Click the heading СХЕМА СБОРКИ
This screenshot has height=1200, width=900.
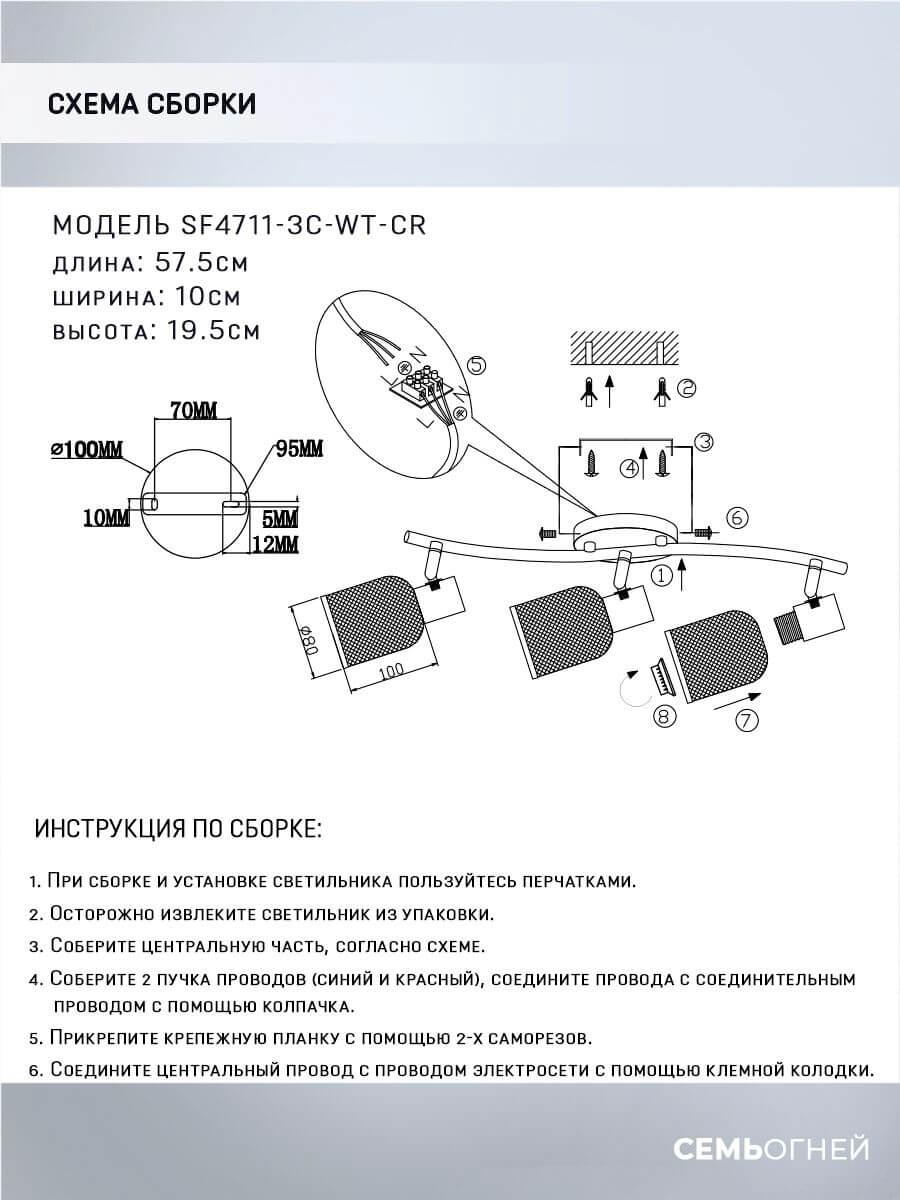pos(151,104)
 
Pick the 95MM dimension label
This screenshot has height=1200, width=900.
pos(299,448)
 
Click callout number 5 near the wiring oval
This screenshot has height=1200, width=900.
pos(478,365)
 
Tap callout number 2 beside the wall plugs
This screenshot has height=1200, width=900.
pos(685,388)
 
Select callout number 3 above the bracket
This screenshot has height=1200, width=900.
pos(703,441)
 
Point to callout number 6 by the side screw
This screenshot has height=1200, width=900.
pos(735,518)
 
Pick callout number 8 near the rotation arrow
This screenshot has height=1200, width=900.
pos(665,715)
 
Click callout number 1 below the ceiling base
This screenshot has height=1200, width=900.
pos(659,575)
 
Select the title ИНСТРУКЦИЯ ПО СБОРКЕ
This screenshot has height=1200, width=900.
pos(178,830)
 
